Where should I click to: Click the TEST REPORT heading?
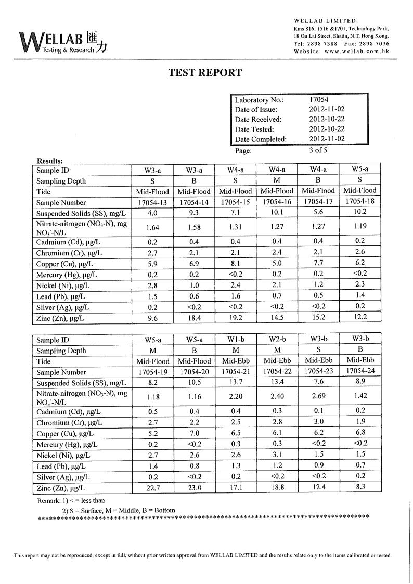pyautogui.click(x=205, y=73)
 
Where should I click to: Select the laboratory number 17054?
pyautogui.click(x=318, y=100)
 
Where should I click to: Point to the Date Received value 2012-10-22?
pyautogui.click(x=327, y=120)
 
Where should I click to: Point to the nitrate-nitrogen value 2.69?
pyautogui.click(x=318, y=397)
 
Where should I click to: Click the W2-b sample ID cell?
pyautogui.click(x=277, y=340)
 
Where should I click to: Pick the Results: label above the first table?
pyautogui.click(x=50, y=161)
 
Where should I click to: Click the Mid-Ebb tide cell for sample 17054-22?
pyautogui.click(x=277, y=361)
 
